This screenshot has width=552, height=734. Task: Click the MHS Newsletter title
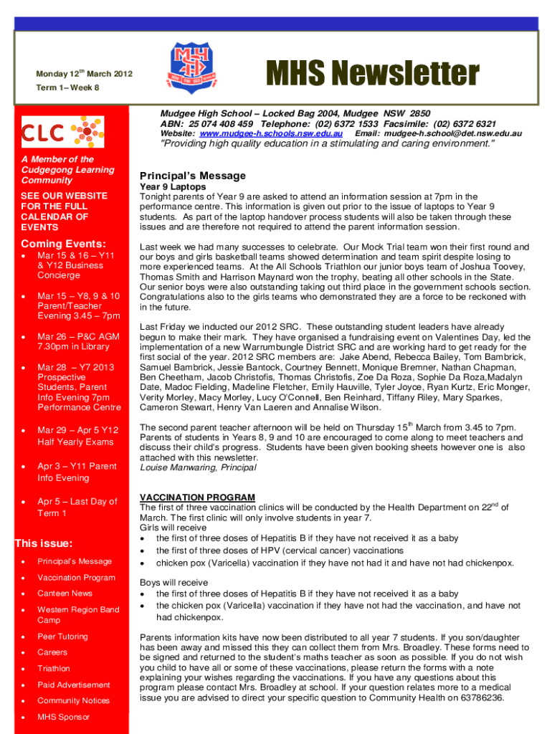point(372,74)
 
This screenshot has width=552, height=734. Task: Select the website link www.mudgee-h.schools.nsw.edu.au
point(276,134)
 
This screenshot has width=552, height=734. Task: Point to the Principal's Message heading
point(193,176)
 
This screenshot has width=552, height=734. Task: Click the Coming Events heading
point(64,243)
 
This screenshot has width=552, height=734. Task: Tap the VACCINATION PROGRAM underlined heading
point(197,497)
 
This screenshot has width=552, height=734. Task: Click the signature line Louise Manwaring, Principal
point(197,467)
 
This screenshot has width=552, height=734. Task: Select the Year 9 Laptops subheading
point(173,186)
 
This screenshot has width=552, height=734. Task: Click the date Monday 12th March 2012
point(84,75)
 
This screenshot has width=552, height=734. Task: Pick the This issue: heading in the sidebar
point(43,543)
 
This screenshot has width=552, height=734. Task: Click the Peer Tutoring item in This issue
point(62,637)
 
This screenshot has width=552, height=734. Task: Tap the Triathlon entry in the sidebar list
point(54,668)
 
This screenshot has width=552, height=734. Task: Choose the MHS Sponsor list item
point(64,717)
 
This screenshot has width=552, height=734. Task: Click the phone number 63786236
point(484,697)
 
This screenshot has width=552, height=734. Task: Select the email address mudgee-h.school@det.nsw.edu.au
point(453,134)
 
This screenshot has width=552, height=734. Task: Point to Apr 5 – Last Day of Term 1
point(77,507)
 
